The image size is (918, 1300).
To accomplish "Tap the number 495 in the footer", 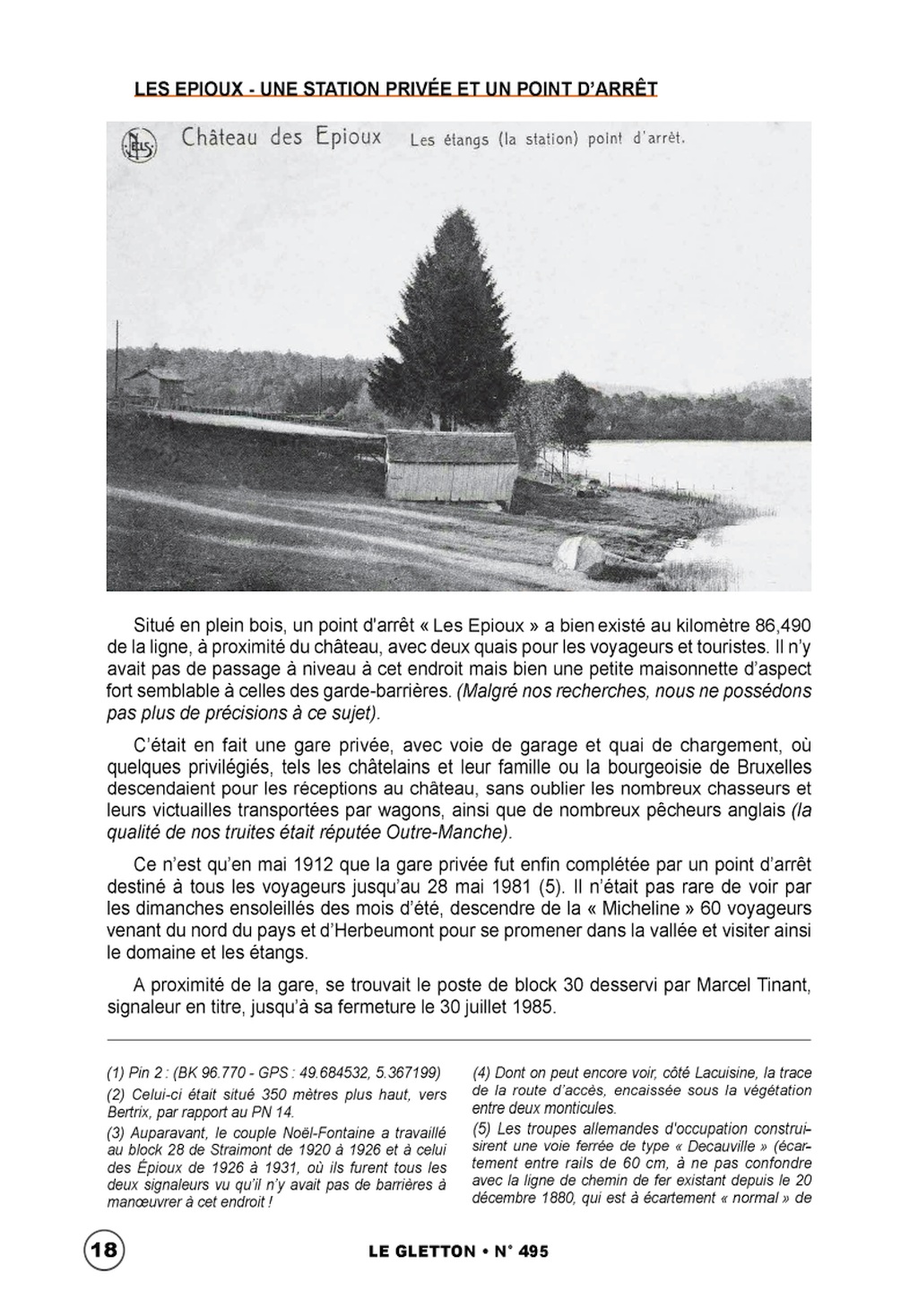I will (x=528, y=1252).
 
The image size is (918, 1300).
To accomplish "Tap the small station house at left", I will (x=154, y=384).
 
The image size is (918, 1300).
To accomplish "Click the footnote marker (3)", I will (x=116, y=1131).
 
